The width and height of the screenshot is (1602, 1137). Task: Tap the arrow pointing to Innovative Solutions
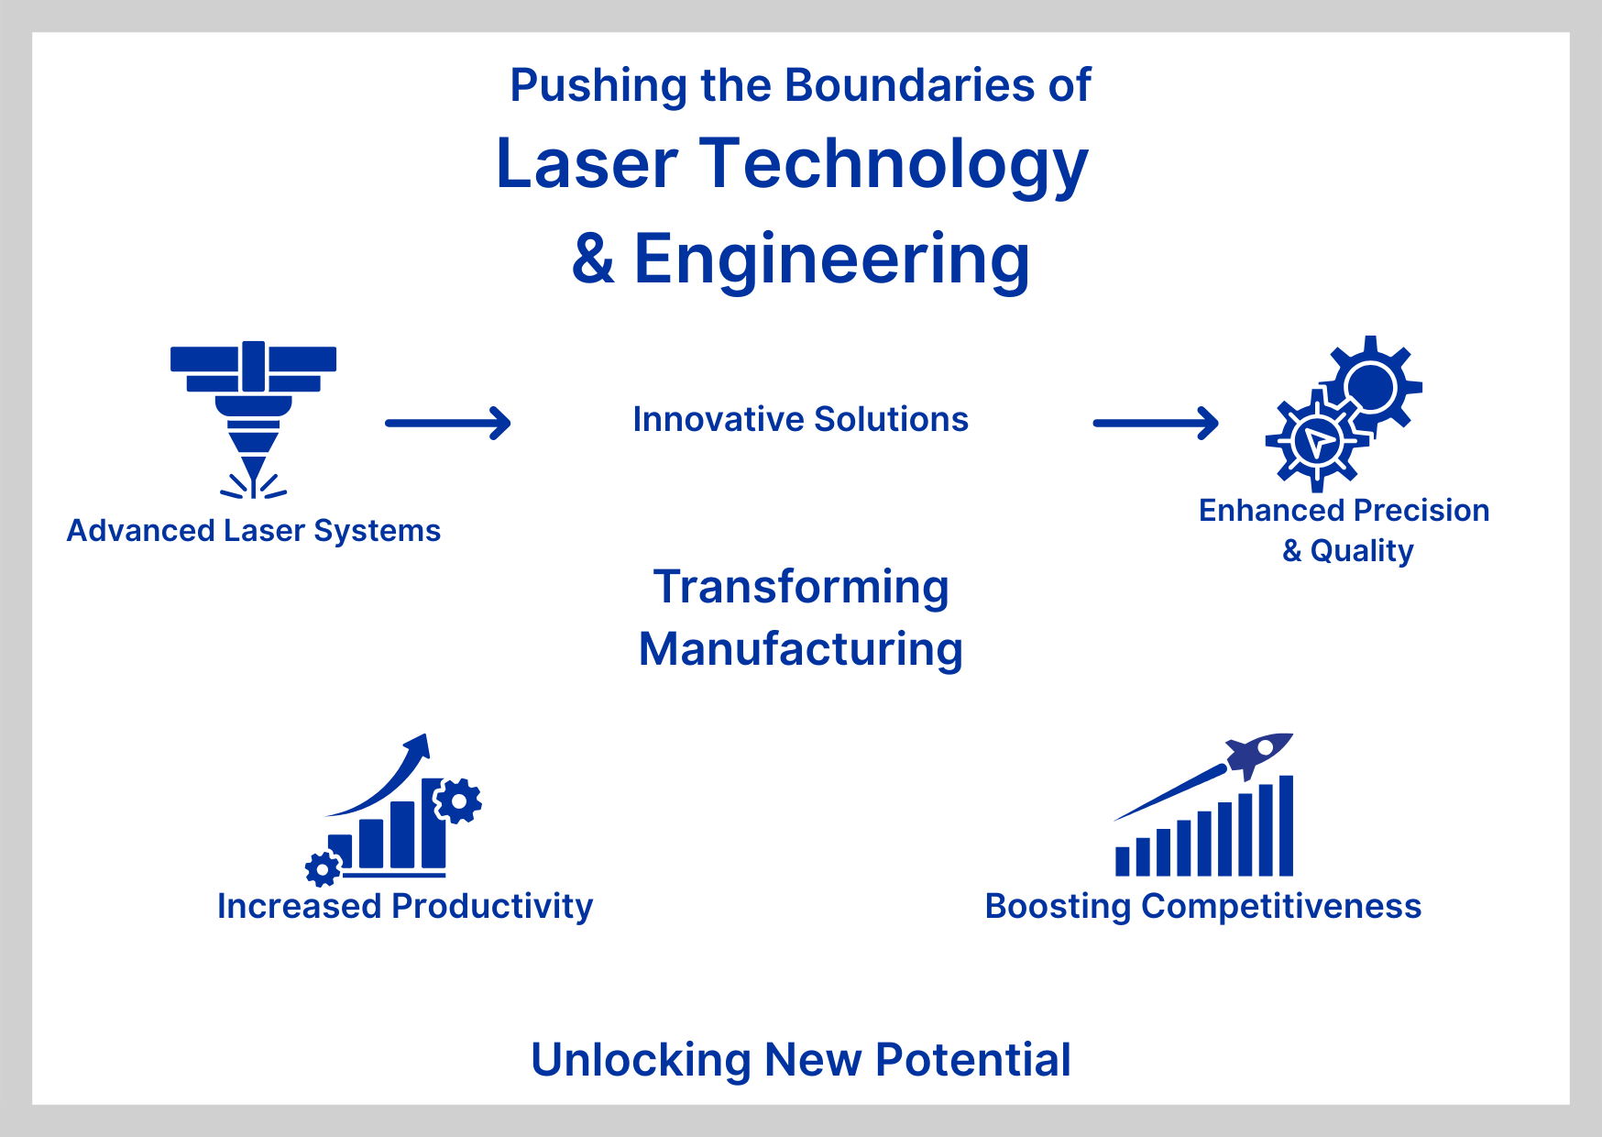click(447, 423)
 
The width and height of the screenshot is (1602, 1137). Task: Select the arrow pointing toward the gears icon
click(1155, 423)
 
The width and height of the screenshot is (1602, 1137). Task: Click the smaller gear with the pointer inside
click(1316, 442)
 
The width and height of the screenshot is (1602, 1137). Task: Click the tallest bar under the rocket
click(1286, 825)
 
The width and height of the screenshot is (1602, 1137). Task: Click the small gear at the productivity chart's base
click(322, 868)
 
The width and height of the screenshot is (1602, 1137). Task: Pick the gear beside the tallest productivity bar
click(458, 801)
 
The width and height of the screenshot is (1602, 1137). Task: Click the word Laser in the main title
click(587, 165)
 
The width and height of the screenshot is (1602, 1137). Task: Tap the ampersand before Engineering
click(593, 259)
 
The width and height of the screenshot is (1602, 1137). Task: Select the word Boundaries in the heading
click(909, 85)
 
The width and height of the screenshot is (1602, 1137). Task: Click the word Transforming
click(801, 587)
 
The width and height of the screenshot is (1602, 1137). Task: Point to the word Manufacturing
click(801, 649)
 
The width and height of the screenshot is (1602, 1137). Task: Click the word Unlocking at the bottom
click(640, 1060)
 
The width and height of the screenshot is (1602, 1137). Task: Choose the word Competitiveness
click(1281, 906)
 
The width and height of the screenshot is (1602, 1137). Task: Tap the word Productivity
click(492, 906)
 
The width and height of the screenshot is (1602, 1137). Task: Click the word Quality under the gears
click(1361, 551)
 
